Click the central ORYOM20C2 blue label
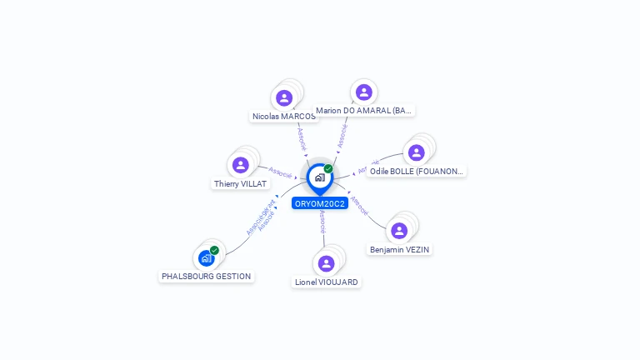coord(320,203)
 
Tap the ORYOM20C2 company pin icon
coord(319,177)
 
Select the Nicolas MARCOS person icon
coord(284,97)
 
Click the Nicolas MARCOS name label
coord(283,117)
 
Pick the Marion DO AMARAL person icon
coord(363,92)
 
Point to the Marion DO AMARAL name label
coord(364,110)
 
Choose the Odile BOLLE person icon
coord(416,152)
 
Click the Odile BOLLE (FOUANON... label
coord(416,171)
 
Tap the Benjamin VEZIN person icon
coord(399,231)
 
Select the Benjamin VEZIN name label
coord(401,249)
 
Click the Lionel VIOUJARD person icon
coord(326,263)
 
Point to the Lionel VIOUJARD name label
coord(327,282)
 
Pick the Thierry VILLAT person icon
coord(241,165)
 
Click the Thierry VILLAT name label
coord(241,183)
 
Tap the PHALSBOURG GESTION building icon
coord(206,258)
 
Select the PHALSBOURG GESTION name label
coord(207,276)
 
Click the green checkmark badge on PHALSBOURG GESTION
coord(215,250)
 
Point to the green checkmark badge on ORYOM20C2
coord(328,168)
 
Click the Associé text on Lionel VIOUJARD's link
coord(322,220)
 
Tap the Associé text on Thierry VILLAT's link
coord(279,172)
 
